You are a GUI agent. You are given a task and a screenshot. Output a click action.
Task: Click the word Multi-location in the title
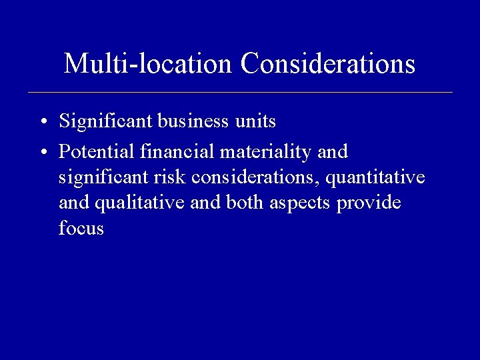coord(149,64)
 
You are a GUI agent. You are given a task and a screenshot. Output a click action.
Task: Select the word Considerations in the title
coord(328,64)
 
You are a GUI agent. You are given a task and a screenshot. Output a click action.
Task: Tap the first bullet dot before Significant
coord(42,123)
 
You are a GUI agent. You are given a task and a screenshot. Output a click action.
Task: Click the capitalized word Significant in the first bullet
coord(107,121)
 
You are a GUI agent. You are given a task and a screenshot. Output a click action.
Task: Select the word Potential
coord(97,152)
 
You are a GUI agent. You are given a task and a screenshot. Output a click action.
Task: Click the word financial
coord(177,152)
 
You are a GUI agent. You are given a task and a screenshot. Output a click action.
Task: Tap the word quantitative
coord(375,178)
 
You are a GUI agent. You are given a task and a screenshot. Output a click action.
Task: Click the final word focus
coord(81,229)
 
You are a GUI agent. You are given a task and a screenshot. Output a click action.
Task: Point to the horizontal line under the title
coord(240,92)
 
